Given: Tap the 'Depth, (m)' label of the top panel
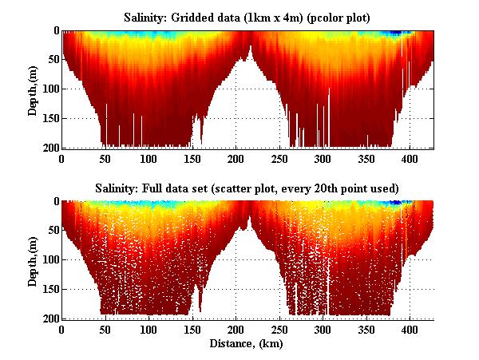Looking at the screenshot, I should [x=33, y=89].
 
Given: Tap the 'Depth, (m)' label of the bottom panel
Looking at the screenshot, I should [x=33, y=260].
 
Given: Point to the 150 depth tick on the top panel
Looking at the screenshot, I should [x=49, y=119].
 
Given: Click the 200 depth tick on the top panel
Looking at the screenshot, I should [x=49, y=148].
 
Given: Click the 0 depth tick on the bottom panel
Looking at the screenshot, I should [x=54, y=202].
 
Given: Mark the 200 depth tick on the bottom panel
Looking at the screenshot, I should [x=49, y=318].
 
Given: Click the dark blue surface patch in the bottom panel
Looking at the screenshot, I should [x=394, y=204].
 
